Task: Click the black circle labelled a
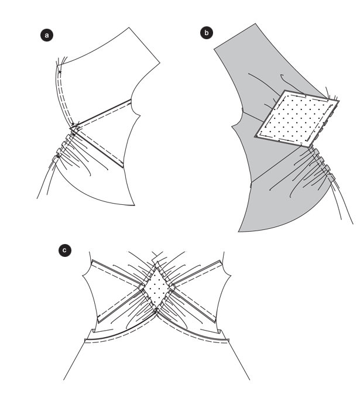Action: tap(47, 35)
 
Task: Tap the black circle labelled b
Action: tap(207, 33)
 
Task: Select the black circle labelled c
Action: tap(64, 250)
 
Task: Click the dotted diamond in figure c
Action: tap(157, 288)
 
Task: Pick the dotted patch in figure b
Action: tap(297, 119)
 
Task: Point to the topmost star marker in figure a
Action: tap(60, 72)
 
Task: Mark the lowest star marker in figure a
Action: tap(59, 157)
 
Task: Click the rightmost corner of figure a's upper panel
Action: tap(160, 63)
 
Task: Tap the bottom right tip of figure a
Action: tap(135, 205)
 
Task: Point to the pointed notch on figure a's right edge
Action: tap(140, 115)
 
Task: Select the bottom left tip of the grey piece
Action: tap(238, 232)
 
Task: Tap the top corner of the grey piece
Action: tap(255, 23)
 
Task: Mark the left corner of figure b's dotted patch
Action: tap(255, 136)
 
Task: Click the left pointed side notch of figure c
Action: tap(83, 276)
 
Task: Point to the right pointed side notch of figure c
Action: tap(231, 276)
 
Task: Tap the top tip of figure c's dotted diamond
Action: tap(157, 268)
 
